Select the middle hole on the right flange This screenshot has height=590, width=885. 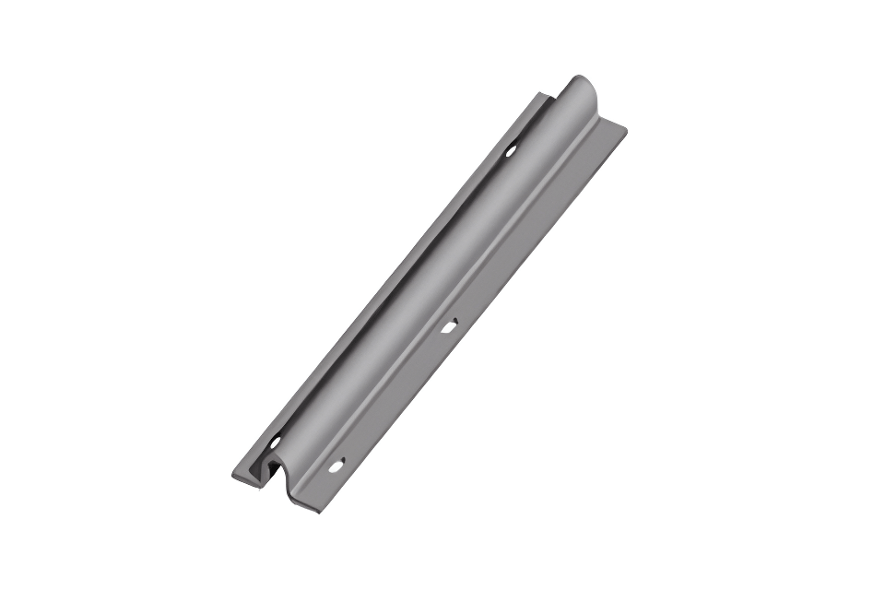449,324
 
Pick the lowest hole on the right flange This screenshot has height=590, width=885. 336,465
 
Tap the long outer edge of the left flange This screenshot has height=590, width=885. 387,277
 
